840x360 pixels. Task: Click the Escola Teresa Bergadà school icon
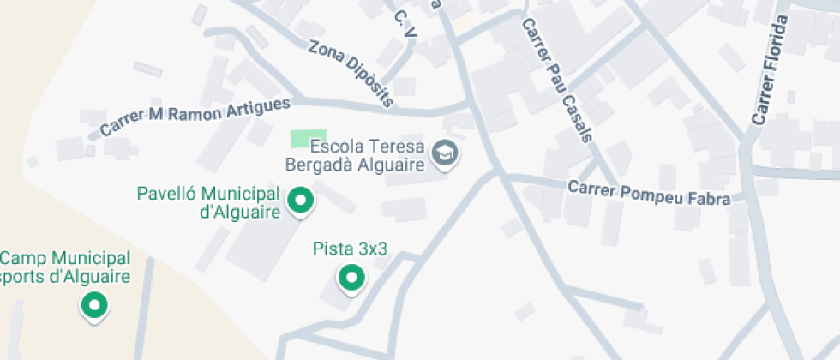(446, 154)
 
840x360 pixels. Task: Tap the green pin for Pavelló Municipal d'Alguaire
(300, 201)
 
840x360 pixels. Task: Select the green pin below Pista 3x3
(350, 278)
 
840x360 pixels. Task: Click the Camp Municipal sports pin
(93, 304)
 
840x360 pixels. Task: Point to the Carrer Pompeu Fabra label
(649, 194)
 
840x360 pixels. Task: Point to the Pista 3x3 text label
(350, 249)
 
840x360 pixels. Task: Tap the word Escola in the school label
(332, 147)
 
